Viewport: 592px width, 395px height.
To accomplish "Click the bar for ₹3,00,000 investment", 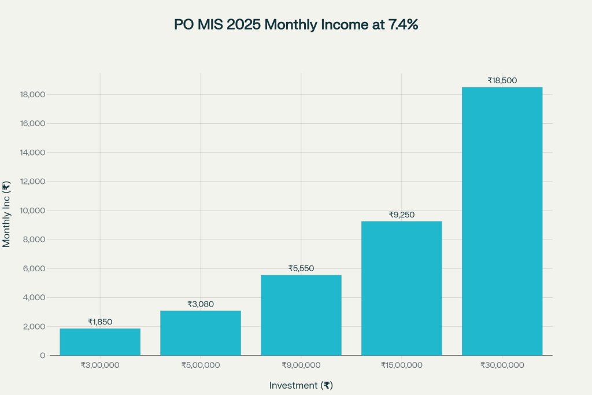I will [x=100, y=342].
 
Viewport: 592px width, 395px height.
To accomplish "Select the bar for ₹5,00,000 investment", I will [x=201, y=333].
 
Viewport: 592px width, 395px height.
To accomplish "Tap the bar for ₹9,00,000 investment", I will [x=301, y=315].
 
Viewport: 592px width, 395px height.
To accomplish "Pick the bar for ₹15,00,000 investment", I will [x=402, y=288].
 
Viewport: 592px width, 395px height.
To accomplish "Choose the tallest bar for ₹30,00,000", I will [x=502, y=221].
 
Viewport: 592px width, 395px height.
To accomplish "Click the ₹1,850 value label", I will [x=100, y=322].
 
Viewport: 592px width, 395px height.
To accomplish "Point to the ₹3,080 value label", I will [x=201, y=304].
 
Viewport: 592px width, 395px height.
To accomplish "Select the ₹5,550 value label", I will [x=301, y=268].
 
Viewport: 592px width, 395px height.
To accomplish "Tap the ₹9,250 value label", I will [x=402, y=215].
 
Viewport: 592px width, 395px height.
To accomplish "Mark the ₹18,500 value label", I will [x=502, y=80].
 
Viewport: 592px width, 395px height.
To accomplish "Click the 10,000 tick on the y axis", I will [x=32, y=211].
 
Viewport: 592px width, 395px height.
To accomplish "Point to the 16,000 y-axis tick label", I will [x=32, y=124].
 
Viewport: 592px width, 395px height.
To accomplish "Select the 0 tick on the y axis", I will [x=43, y=356].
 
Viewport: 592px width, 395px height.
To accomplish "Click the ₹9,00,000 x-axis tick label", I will [x=301, y=366].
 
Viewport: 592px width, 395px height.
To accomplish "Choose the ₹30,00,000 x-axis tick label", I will [x=502, y=366].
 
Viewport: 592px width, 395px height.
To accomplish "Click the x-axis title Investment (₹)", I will [x=301, y=385].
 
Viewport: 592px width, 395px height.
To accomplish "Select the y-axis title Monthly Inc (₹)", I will [x=7, y=215].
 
